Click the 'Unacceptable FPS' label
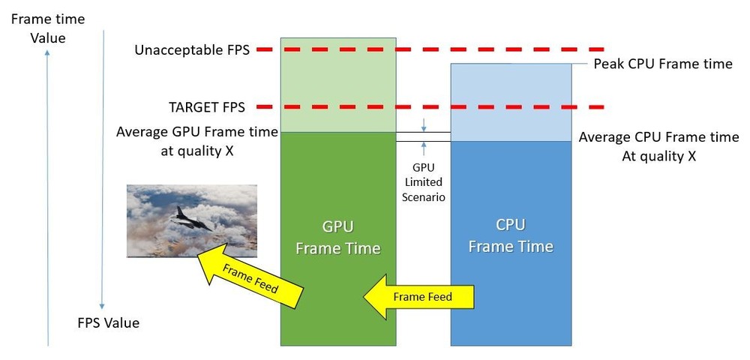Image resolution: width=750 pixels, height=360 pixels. tap(192, 50)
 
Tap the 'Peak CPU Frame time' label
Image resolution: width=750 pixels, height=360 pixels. tap(662, 64)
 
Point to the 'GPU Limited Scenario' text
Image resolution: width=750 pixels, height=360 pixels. tap(423, 182)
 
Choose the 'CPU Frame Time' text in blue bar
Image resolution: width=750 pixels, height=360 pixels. tap(511, 235)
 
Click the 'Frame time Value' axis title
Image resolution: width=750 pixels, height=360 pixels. tap(48, 28)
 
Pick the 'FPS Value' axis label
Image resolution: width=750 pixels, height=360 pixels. tap(109, 323)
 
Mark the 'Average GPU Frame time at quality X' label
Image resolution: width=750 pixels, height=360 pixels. tap(196, 139)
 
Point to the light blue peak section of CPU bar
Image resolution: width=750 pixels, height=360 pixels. tap(511, 102)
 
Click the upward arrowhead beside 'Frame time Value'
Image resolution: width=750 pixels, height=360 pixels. tap(48, 55)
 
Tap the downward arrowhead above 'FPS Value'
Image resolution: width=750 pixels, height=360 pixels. tap(103, 306)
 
